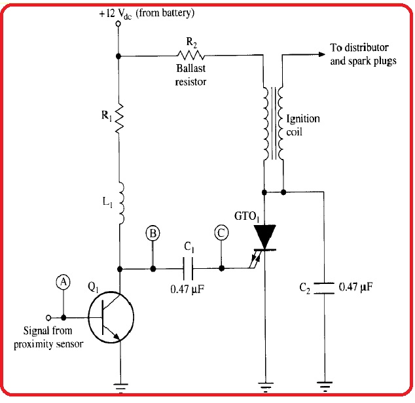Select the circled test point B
(x=153, y=234)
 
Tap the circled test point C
(x=222, y=234)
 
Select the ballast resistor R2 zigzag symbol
(x=190, y=56)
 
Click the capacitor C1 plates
(x=187, y=268)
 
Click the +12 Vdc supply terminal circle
(x=118, y=24)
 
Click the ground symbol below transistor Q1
(x=119, y=385)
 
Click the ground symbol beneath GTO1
(x=264, y=385)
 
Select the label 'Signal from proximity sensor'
(x=48, y=338)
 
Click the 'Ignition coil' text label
(x=304, y=124)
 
